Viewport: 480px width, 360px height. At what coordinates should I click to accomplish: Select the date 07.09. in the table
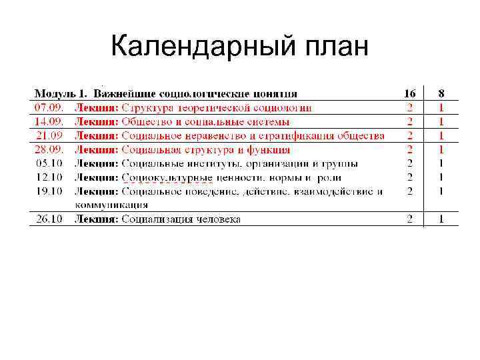pyautogui.click(x=49, y=107)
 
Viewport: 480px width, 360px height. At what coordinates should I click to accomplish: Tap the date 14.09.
pyautogui.click(x=49, y=121)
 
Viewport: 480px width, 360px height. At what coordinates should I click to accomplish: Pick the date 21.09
pyautogui.click(x=49, y=135)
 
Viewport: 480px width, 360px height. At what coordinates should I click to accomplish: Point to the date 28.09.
pyautogui.click(x=49, y=149)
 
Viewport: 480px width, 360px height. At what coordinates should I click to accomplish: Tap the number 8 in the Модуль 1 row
pyautogui.click(x=441, y=93)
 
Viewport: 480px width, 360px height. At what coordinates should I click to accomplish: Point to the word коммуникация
pyautogui.click(x=111, y=205)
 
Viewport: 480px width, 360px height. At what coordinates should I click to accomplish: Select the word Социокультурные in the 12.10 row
pyautogui.click(x=167, y=177)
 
